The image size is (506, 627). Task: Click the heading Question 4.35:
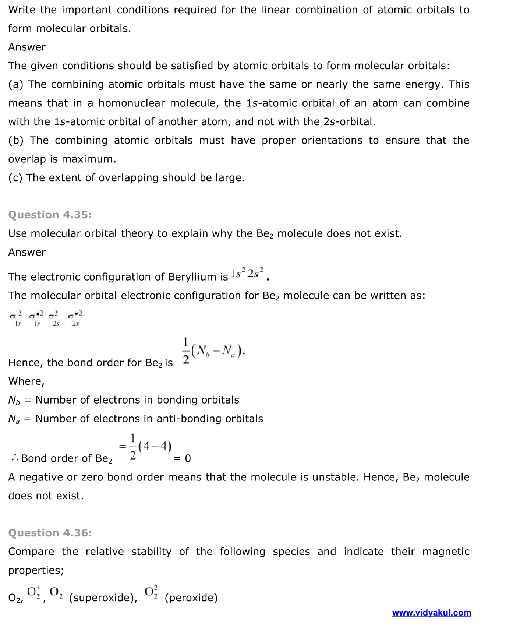[x=50, y=215]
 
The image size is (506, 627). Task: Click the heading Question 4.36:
[x=50, y=533]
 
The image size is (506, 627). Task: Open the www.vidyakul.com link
[x=431, y=613]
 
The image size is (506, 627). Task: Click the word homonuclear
[x=131, y=103]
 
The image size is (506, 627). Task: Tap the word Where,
[x=26, y=381]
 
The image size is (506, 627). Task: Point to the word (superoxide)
[x=103, y=598]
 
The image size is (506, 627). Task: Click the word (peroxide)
[x=191, y=598]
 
